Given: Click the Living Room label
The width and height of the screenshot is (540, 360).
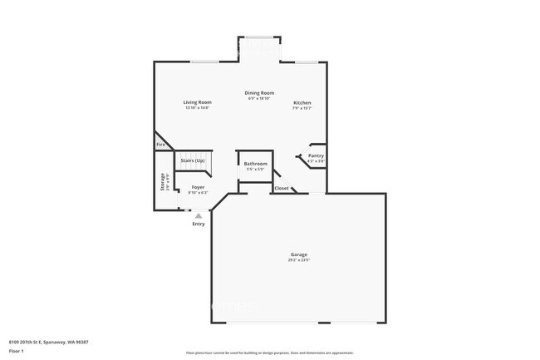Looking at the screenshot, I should click(x=197, y=102).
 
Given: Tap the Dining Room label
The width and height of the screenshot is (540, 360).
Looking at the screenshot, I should click(x=259, y=92).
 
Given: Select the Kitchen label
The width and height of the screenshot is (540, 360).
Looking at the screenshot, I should click(x=302, y=103).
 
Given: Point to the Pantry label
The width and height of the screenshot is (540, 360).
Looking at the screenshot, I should click(x=316, y=155).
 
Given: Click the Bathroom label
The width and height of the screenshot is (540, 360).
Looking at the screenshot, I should click(x=255, y=164).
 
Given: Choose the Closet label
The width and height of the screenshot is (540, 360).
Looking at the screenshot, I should click(x=282, y=188).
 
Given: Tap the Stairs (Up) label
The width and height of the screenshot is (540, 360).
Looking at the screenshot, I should click(x=193, y=159).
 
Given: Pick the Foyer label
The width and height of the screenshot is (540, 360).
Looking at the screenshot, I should click(x=198, y=187).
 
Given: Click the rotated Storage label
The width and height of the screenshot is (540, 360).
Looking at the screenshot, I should click(x=163, y=181).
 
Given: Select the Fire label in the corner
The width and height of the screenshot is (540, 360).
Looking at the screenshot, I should click(x=160, y=145).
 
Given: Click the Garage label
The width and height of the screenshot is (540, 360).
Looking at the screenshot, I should click(x=299, y=254).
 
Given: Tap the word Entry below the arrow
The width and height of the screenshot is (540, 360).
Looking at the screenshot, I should click(x=199, y=224).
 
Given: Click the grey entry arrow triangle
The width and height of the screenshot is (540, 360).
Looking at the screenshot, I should click(x=199, y=215).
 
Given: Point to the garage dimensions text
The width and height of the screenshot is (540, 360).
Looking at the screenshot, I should click(x=299, y=260).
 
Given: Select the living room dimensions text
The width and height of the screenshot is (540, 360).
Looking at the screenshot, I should click(x=197, y=108).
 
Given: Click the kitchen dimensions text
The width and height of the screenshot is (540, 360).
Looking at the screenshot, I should click(x=302, y=109).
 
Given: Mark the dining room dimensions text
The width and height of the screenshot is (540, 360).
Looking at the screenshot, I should click(x=259, y=98).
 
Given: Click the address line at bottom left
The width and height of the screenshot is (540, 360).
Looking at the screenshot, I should click(x=49, y=342).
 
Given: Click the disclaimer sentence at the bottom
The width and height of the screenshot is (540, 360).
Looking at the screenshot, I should click(x=270, y=353).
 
